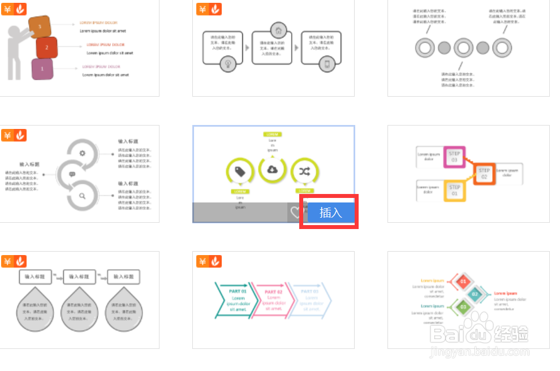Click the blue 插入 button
331,213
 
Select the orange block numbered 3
40,26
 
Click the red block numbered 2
47,48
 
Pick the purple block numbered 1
42,70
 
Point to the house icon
278,30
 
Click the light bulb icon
228,64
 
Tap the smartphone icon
326,64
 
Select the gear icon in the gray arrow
83,153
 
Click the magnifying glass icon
83,196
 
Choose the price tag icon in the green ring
240,171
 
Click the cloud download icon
273,169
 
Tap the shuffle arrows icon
305,171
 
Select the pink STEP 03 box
454,157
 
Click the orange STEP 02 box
484,174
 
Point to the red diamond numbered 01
463,281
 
